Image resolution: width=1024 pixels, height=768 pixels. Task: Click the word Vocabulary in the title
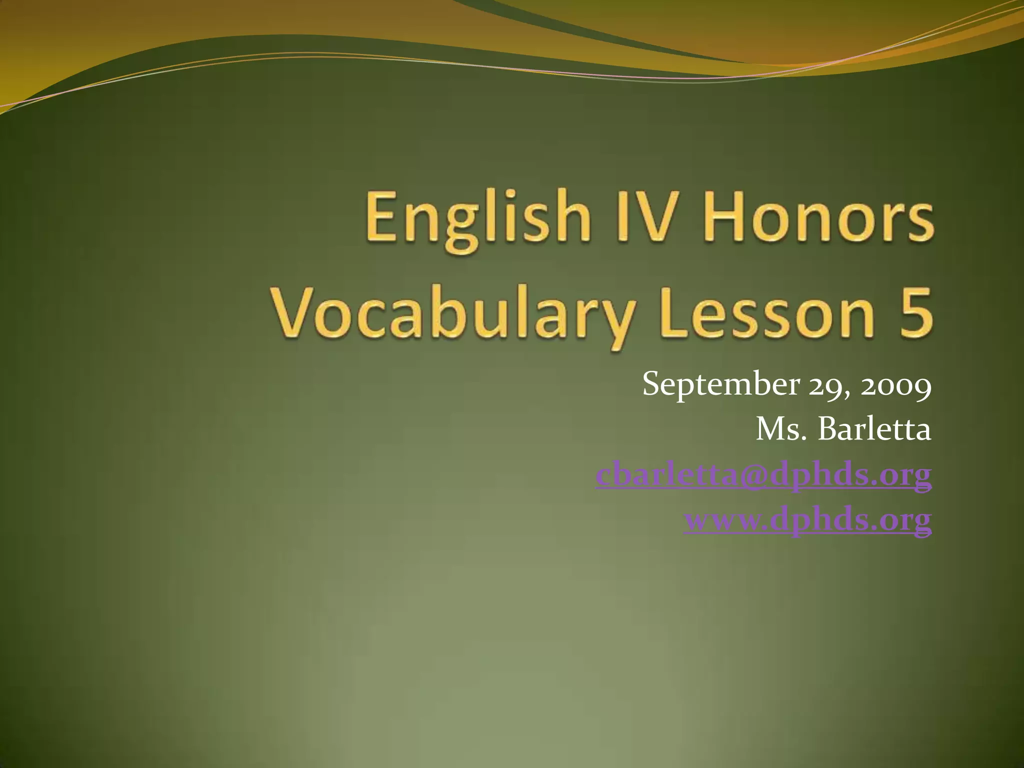coord(452,315)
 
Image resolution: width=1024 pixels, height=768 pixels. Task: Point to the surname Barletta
coord(874,429)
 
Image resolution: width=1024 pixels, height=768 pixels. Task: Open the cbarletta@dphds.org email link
coord(763,474)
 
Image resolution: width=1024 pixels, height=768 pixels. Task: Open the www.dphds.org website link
coord(807,520)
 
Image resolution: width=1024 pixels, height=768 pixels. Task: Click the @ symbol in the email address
coord(753,475)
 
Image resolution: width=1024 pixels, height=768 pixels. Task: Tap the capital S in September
coord(653,384)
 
